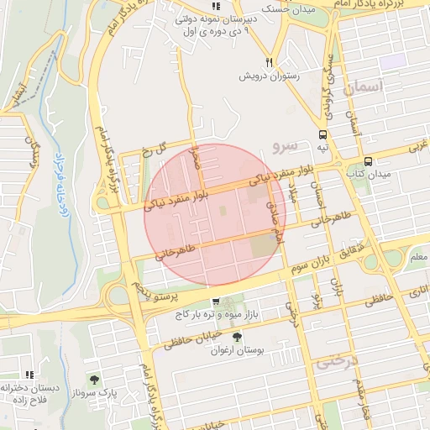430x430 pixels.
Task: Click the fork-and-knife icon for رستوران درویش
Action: tap(269, 61)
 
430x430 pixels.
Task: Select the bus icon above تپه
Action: tap(323, 134)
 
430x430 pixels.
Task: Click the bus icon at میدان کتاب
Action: tap(368, 161)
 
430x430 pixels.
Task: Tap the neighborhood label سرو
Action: tap(285, 146)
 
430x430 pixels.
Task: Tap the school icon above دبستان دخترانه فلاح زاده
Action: tap(29, 375)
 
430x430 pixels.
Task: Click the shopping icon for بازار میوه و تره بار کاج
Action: tap(216, 302)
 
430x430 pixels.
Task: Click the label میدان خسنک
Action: tap(288, 9)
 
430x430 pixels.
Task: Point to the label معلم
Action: tap(417, 256)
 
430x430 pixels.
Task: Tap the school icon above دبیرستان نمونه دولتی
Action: tap(216, 5)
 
